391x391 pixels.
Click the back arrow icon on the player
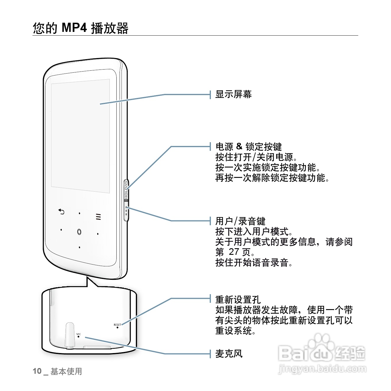[x=61, y=212]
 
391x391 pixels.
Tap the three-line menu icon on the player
[x=98, y=217]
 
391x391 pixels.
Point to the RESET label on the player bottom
[x=117, y=325]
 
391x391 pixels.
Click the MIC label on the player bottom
[x=79, y=334]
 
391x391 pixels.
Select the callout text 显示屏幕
[x=233, y=94]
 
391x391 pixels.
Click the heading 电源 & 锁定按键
[x=249, y=147]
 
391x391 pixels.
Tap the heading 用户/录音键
[x=240, y=221]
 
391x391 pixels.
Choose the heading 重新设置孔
[x=238, y=300]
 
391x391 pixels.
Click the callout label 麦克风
[x=229, y=354]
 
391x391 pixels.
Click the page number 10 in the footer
[x=37, y=371]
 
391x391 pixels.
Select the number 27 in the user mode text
[x=234, y=252]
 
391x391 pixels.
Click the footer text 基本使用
[x=66, y=371]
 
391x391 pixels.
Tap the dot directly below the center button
[x=79, y=247]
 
